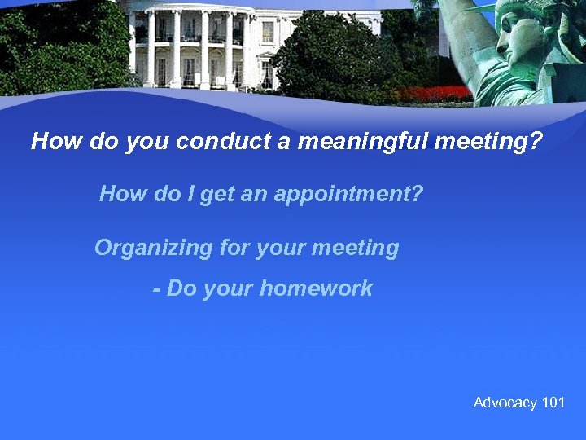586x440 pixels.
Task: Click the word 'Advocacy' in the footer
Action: pyautogui.click(x=505, y=403)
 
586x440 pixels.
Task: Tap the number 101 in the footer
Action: pyautogui.click(x=553, y=403)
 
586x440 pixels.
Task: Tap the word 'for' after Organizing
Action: pyautogui.click(x=234, y=248)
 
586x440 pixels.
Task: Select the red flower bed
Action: pyautogui.click(x=439, y=94)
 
